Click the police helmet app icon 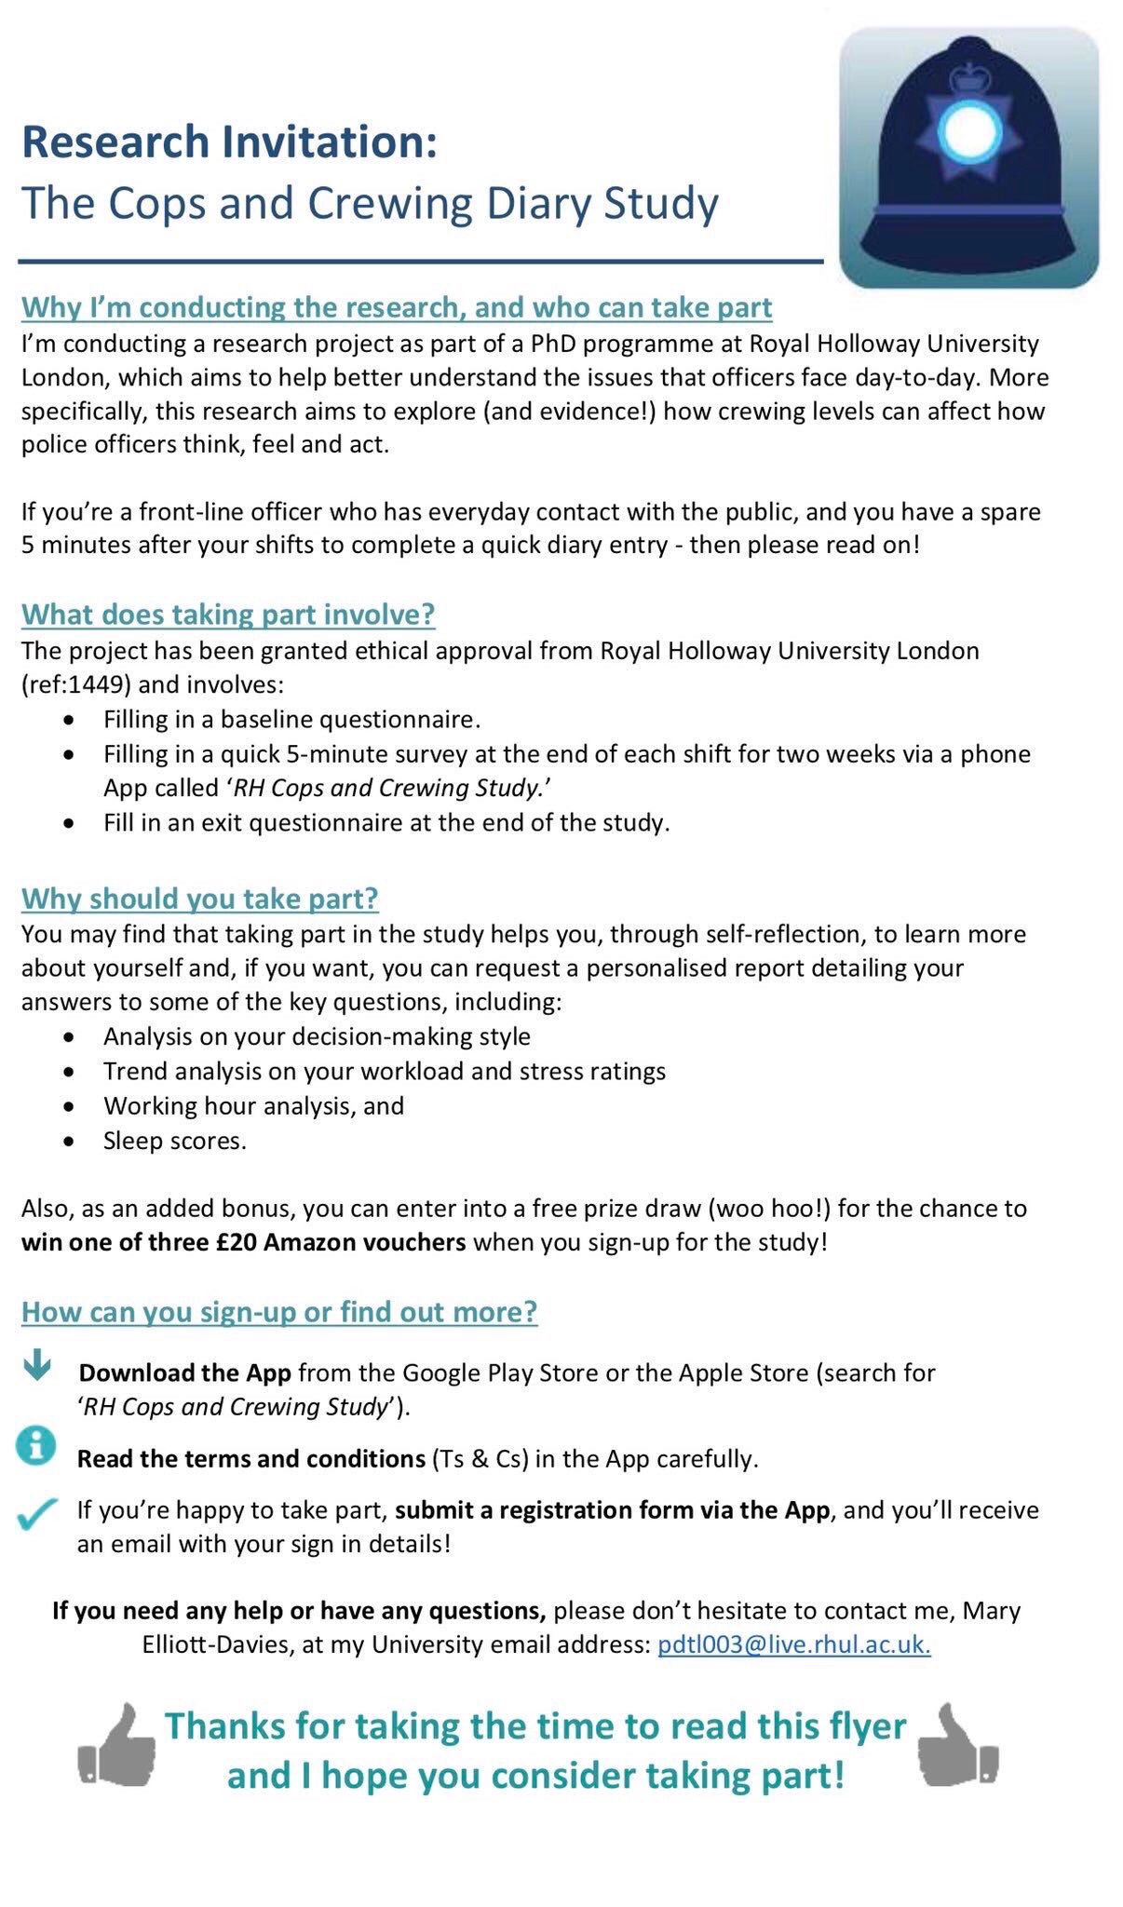click(968, 156)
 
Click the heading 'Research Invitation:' click(229, 142)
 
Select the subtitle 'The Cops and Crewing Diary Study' click(370, 203)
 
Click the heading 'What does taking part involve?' click(228, 615)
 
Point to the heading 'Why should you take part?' click(200, 899)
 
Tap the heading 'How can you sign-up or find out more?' click(279, 1312)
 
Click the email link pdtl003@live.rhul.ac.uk click(793, 1644)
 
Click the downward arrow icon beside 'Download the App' click(37, 1366)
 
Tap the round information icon click(37, 1445)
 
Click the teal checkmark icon click(37, 1514)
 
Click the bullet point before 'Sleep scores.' click(68, 1141)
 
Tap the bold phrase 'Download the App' click(184, 1373)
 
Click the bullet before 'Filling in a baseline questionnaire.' click(68, 720)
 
